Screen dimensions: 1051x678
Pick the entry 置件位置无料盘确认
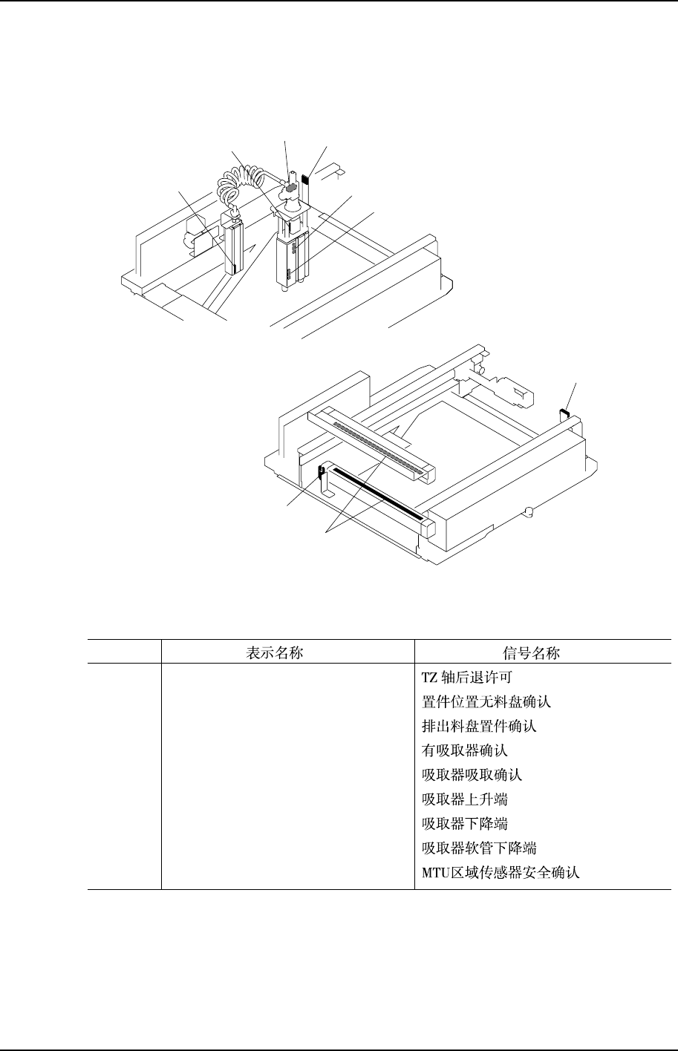(x=486, y=702)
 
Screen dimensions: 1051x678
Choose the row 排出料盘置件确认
(x=479, y=727)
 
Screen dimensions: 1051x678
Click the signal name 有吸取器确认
(x=465, y=751)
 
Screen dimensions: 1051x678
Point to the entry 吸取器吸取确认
(x=472, y=776)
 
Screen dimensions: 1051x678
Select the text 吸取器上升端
(x=465, y=800)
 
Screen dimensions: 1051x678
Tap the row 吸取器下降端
(x=465, y=825)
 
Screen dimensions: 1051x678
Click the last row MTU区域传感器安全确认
(x=501, y=874)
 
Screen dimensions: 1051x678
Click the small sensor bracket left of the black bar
(x=322, y=472)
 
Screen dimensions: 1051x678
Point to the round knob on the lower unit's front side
(x=528, y=511)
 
